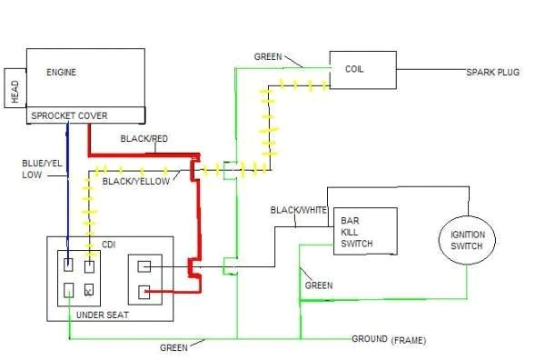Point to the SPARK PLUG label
point(492,72)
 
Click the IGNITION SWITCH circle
point(467,240)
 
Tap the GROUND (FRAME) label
point(389,340)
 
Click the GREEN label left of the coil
point(267,56)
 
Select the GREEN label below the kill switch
point(318,285)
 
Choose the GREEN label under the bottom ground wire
point(173,347)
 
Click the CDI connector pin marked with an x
point(89,292)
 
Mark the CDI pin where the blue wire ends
point(69,265)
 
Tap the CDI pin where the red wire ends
point(144,292)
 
